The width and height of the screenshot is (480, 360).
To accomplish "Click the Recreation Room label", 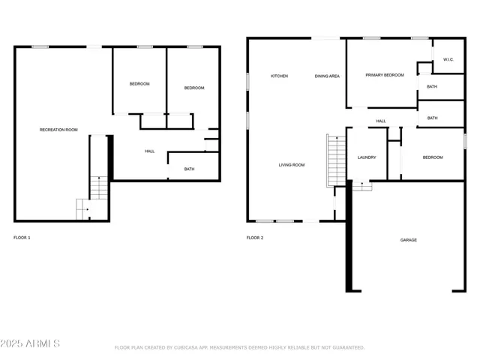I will tap(58, 130).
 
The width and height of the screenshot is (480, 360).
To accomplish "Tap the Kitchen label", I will tap(279, 76).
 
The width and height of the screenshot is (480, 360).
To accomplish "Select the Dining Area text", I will tap(327, 76).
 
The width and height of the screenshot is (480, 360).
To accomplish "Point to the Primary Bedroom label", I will tap(384, 75).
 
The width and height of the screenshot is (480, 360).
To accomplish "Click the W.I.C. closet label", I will tap(448, 59).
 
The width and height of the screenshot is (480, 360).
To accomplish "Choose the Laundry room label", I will tap(367, 157).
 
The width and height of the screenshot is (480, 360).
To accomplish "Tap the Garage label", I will tap(408, 240).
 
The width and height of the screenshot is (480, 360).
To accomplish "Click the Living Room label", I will tap(292, 165).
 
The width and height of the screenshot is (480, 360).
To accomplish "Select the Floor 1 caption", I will tap(22, 238).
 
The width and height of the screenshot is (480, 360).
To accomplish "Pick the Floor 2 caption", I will tap(255, 238).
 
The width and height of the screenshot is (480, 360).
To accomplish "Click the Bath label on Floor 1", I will tap(189, 169).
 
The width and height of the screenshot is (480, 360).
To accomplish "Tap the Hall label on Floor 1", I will tap(149, 151).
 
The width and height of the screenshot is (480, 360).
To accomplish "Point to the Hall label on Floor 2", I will tap(381, 121).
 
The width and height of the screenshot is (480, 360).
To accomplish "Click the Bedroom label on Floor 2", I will tap(433, 157).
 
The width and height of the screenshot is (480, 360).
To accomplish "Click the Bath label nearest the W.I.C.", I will tap(432, 87).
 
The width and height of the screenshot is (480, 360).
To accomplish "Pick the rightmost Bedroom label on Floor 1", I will tap(194, 88).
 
